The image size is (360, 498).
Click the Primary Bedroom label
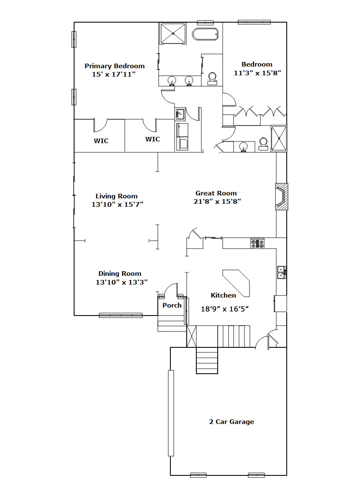click(114, 66)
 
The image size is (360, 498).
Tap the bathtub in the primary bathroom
click(205, 34)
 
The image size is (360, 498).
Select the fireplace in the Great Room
click(282, 197)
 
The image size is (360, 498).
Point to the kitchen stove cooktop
click(257, 243)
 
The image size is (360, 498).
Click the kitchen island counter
click(237, 282)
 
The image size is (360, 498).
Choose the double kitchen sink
click(282, 272)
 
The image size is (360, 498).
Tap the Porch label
click(172, 305)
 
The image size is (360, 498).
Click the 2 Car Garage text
click(231, 422)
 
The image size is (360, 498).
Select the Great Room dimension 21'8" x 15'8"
click(217, 201)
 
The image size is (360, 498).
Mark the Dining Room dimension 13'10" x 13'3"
click(122, 282)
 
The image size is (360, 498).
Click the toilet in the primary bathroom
click(212, 79)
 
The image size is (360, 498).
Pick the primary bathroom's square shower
click(172, 33)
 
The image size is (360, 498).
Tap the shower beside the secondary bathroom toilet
click(279, 138)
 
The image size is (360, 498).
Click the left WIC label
click(101, 141)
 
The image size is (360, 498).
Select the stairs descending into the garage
click(207, 360)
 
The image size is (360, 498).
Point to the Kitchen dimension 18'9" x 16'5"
click(225, 309)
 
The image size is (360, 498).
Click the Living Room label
click(117, 196)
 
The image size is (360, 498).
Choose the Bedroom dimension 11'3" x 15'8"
click(257, 73)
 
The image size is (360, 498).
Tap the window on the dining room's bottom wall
click(121, 316)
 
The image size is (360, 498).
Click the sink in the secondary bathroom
click(244, 147)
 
